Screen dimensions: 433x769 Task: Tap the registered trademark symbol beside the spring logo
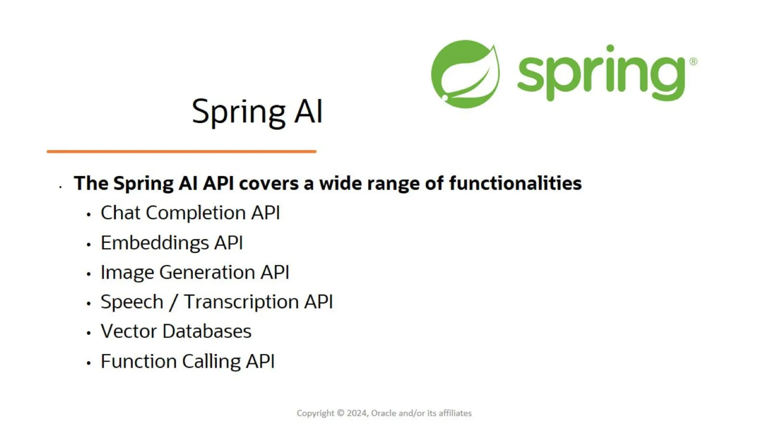(x=693, y=61)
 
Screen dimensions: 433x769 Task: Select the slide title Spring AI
(x=257, y=111)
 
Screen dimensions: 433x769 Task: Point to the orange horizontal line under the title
(x=181, y=151)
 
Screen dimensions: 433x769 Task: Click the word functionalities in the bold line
(x=515, y=183)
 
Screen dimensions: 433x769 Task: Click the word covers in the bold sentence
(x=269, y=183)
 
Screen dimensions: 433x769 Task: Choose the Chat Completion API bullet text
(x=190, y=213)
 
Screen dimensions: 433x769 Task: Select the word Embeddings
(x=155, y=243)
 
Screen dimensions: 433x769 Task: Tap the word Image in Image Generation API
(x=127, y=273)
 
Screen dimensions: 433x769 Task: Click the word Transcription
(x=241, y=302)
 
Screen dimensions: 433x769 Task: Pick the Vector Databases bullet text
(x=176, y=332)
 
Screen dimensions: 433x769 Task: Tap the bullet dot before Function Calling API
(x=89, y=363)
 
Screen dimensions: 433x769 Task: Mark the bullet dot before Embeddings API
(x=89, y=245)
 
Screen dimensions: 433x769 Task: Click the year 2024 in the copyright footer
(x=357, y=413)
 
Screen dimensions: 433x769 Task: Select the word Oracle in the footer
(x=384, y=413)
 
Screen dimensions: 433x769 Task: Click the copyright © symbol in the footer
(x=341, y=413)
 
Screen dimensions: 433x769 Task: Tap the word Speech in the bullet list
(x=132, y=302)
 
